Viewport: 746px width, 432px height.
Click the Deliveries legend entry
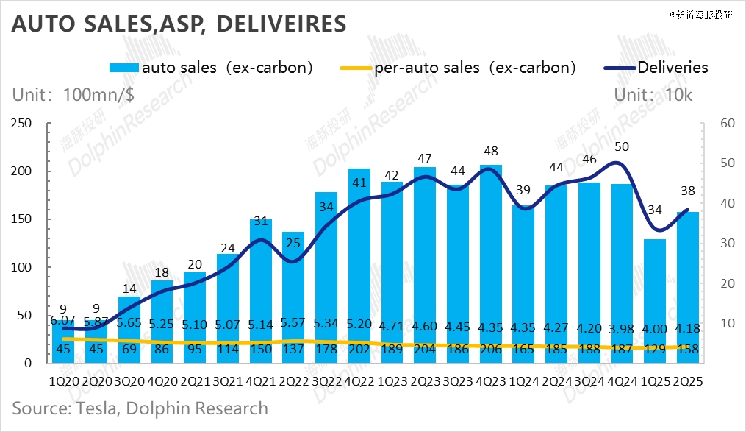[x=673, y=68]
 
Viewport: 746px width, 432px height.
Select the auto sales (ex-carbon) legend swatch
[x=123, y=68]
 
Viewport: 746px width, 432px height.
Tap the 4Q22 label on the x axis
[x=358, y=383]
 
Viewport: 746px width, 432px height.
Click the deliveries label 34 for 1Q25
[x=653, y=211]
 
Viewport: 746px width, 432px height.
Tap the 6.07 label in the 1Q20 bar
[x=63, y=321]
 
